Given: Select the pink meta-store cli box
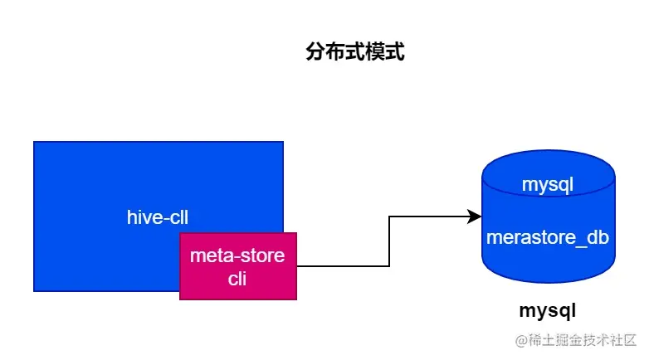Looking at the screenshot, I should tap(238, 266).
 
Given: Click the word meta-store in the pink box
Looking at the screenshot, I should tap(237, 255).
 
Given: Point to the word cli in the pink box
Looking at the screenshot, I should tap(238, 279).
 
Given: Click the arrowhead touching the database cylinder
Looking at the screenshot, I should tap(476, 216).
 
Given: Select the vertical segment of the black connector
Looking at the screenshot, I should tap(389, 241).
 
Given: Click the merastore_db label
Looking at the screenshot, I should tap(548, 237).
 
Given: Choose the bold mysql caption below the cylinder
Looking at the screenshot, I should tap(547, 311).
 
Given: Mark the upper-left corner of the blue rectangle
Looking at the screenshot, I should tap(34, 142).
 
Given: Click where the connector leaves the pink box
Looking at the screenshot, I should tap(297, 266).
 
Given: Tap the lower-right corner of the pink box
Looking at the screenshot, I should tap(296, 298).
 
